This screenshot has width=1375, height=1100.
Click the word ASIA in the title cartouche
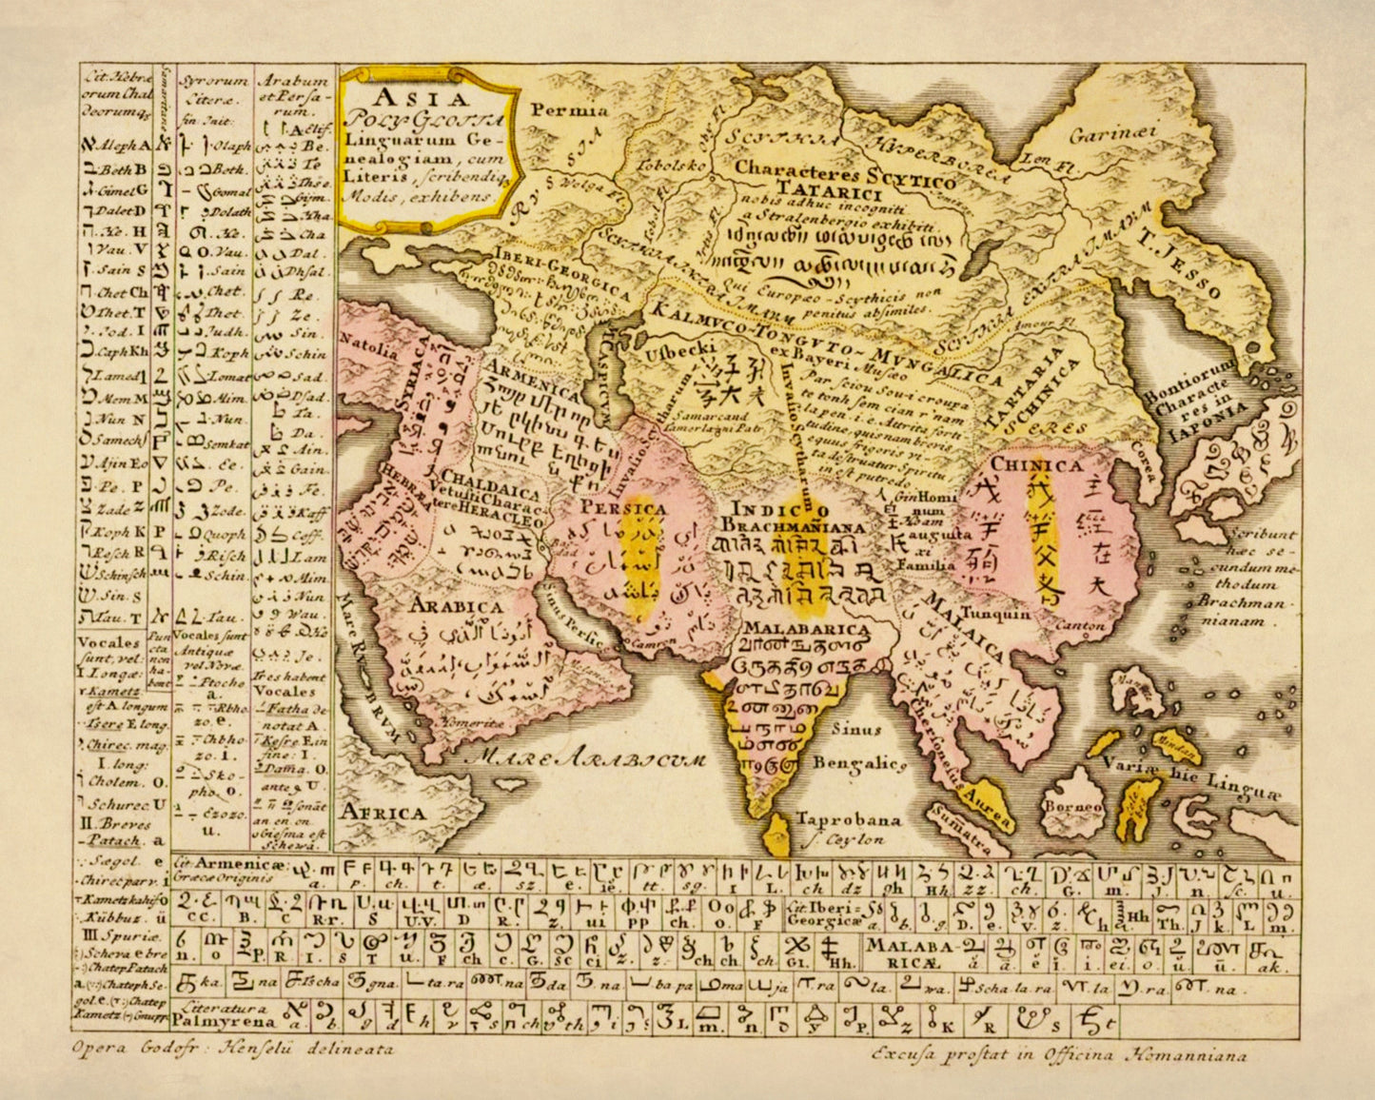(420, 98)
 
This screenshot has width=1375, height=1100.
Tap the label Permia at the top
(569, 110)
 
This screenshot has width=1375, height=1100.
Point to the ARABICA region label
(457, 606)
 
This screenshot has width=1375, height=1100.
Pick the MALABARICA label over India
(806, 628)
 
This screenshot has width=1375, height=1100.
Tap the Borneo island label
(1072, 807)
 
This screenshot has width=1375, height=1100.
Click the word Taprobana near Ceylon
(848, 819)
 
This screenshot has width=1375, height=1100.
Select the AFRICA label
(383, 813)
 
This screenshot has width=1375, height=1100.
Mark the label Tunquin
(995, 614)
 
